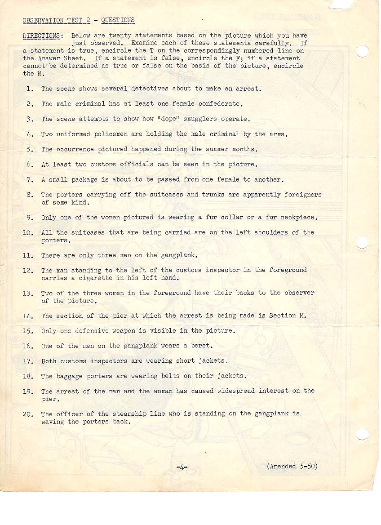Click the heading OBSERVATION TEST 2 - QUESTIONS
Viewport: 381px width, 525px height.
click(79, 20)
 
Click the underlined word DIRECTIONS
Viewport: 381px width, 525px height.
click(41, 36)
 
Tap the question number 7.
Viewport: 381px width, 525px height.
click(30, 180)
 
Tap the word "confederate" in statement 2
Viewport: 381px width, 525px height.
click(220, 104)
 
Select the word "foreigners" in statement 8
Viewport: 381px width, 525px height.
click(303, 195)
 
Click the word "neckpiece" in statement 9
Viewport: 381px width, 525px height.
click(298, 218)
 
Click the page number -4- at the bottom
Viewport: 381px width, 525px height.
click(182, 467)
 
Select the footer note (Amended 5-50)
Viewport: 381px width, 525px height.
click(292, 466)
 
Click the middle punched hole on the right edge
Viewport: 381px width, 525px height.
click(362, 242)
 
